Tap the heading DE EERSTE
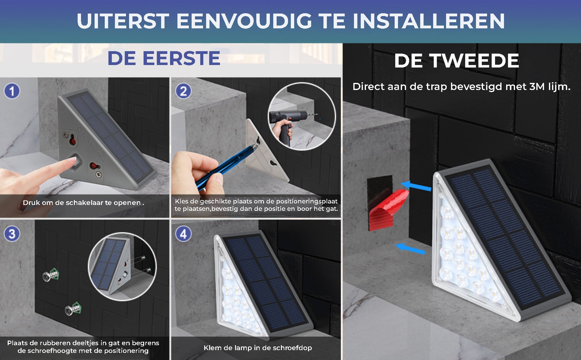(x=164, y=58)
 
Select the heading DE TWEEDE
(x=457, y=60)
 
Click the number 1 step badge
(x=12, y=91)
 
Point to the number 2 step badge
(x=183, y=91)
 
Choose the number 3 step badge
(x=12, y=234)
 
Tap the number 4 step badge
(x=183, y=234)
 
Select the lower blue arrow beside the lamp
(x=410, y=248)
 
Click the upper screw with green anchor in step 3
(x=51, y=274)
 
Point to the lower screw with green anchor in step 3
(x=74, y=309)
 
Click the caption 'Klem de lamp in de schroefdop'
(x=258, y=348)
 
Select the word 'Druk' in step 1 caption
(x=31, y=202)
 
